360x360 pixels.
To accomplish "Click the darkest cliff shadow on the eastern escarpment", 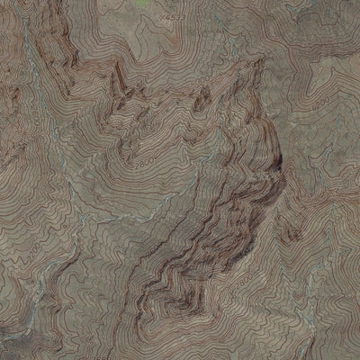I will point(277,165).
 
